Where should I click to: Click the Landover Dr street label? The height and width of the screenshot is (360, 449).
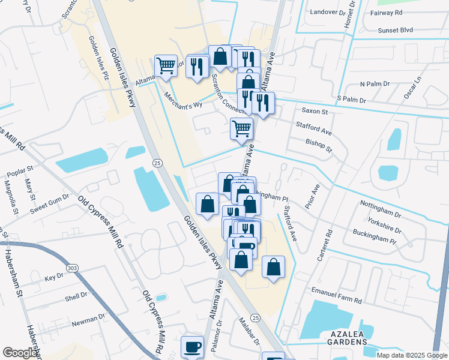click(329, 11)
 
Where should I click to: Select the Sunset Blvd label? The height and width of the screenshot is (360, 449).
click(396, 29)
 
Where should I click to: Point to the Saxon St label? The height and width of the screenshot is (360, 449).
click(315, 111)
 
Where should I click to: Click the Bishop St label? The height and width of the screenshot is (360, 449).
click(318, 145)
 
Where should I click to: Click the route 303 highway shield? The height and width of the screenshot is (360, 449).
click(73, 268)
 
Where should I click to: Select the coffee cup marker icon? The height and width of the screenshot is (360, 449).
click(192, 346)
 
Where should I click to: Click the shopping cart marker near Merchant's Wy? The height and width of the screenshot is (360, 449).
click(166, 66)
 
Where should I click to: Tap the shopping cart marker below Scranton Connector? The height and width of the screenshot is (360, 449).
click(241, 128)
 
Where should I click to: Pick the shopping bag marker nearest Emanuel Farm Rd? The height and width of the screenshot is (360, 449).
click(273, 267)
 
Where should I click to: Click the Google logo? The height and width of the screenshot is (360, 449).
click(20, 352)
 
